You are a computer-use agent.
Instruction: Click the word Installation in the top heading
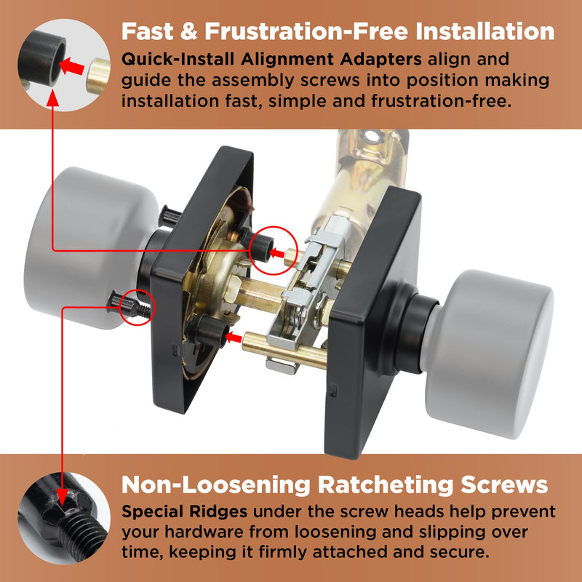(485, 31)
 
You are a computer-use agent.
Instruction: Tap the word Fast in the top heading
(148, 31)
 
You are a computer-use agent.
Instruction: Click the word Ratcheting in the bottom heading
(384, 485)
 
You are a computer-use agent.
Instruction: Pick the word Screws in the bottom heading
(504, 485)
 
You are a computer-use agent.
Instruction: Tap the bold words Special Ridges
(185, 512)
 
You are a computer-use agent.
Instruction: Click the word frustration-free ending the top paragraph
(442, 101)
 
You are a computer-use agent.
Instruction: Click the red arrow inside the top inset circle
(72, 67)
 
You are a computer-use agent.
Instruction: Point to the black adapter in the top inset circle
(41, 58)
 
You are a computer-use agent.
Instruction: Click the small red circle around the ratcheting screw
(137, 308)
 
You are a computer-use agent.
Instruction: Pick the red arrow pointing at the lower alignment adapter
(234, 338)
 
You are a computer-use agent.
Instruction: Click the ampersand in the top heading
(189, 31)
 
